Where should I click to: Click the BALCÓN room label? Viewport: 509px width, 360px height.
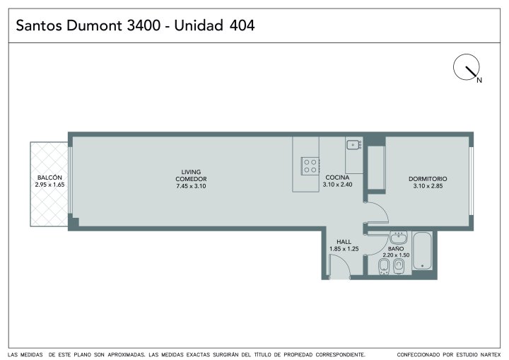coord(49,178)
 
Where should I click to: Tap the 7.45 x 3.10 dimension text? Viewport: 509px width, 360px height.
coord(191,186)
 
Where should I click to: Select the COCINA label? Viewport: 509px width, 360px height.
coord(337,178)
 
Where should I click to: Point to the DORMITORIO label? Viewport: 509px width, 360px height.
coord(428,179)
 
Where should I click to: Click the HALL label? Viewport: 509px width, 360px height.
coord(344,242)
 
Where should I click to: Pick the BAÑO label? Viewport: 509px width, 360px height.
coord(396,248)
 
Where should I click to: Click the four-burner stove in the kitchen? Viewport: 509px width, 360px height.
coord(310,166)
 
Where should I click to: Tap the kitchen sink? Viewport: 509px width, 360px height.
coord(353,144)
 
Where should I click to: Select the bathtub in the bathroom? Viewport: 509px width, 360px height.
coord(422,250)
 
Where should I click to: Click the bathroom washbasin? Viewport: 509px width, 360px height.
coord(398,238)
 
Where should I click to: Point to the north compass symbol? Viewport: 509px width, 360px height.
coord(467,68)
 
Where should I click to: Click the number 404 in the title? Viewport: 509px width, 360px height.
coord(242,25)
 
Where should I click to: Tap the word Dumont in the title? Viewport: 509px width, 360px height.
coord(94,25)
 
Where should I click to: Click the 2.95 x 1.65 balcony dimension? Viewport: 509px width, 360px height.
coord(49,185)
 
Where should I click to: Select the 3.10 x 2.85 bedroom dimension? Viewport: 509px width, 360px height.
coord(428,186)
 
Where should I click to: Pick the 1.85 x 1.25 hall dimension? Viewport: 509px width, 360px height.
coord(344,249)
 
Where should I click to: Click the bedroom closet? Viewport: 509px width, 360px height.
coord(377,168)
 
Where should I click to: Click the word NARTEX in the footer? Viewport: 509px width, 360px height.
coord(491,354)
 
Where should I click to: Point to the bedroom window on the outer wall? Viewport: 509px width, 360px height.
coord(471,181)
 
